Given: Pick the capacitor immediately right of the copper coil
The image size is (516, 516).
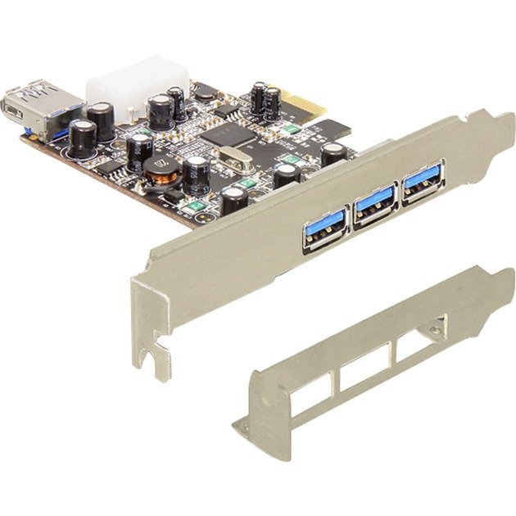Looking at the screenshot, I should (197, 174).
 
